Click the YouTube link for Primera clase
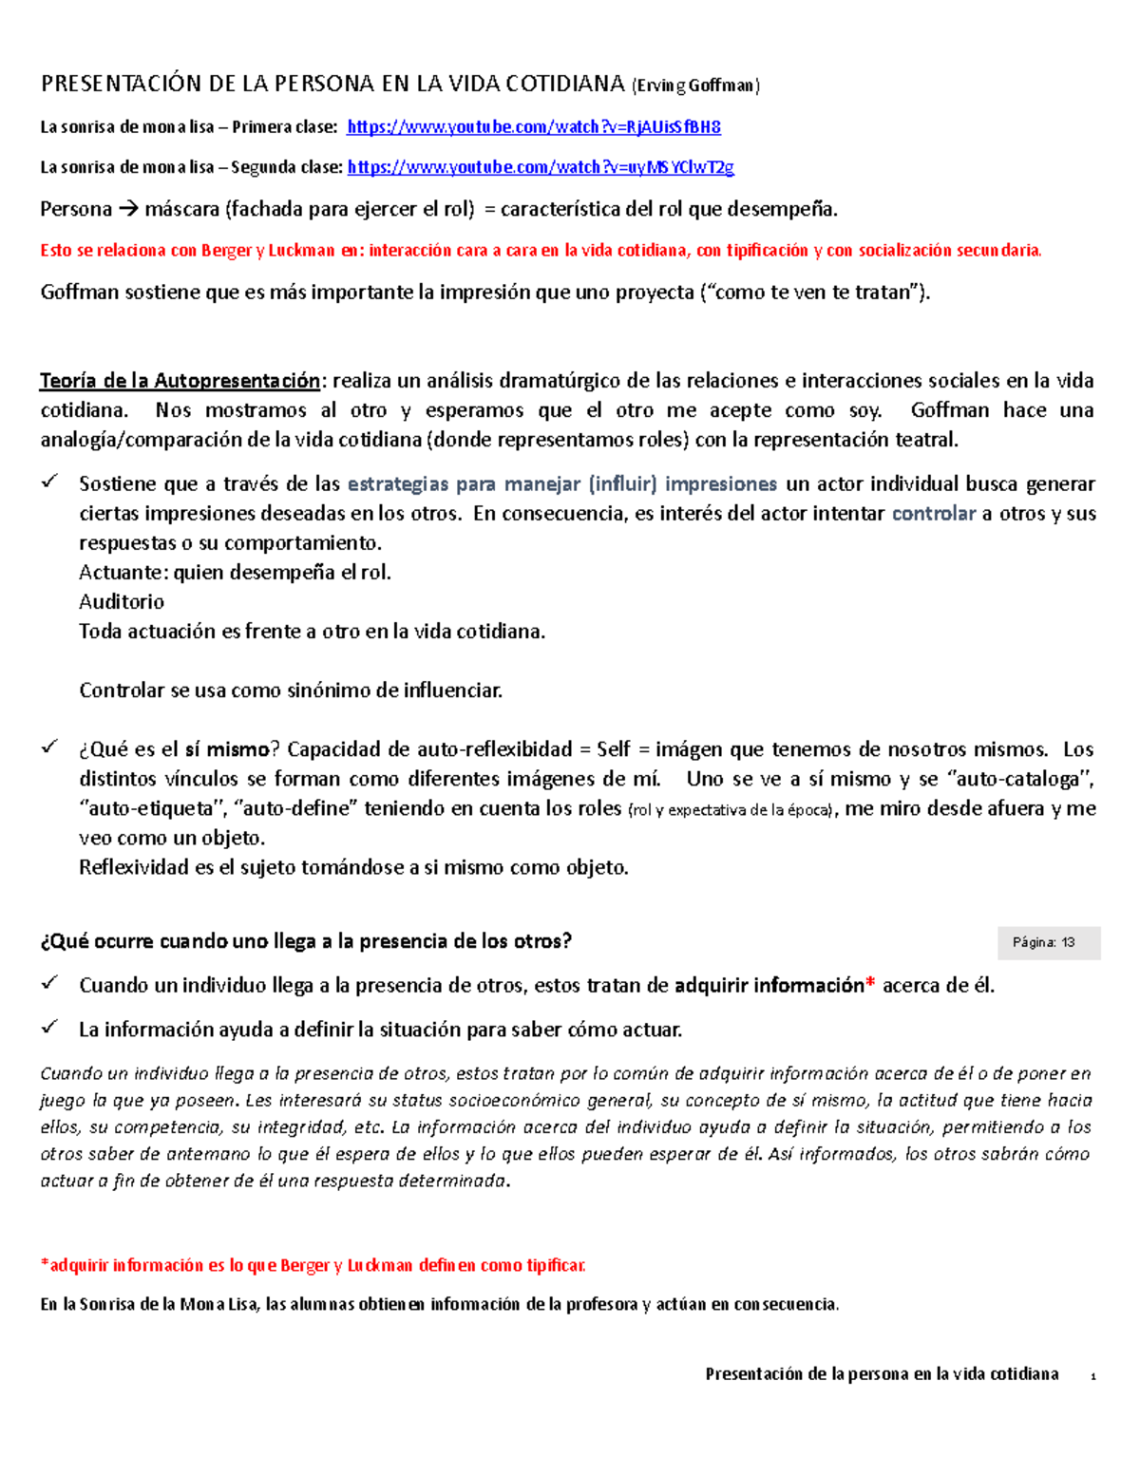pos(534,127)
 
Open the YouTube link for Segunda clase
pos(541,167)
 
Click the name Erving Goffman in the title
pos(696,85)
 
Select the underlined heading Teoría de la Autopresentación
pos(180,381)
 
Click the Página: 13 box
pos(1049,942)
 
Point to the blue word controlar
pos(934,514)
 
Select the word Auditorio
pos(122,602)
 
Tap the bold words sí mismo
pos(226,749)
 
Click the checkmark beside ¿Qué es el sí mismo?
pos(49,747)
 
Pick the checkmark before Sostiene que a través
pos(49,482)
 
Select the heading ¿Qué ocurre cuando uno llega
pos(306,941)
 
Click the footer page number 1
pos(1093,1376)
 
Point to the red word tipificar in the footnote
pos(557,1265)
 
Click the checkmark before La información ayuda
pos(49,1028)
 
